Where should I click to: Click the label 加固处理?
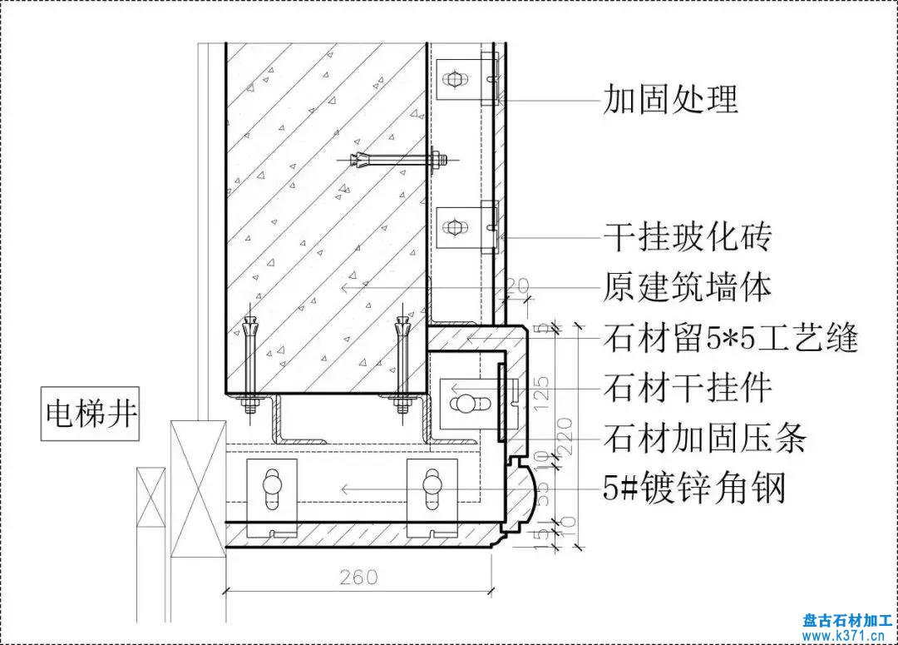[x=670, y=100]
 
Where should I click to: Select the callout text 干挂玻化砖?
[x=687, y=238]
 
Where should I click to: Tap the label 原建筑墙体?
[x=687, y=288]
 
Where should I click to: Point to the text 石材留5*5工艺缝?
[x=730, y=339]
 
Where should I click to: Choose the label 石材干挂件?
[x=687, y=388]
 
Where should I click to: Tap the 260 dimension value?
[x=358, y=576]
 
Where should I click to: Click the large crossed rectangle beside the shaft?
[x=197, y=489]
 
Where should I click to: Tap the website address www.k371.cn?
[x=847, y=635]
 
